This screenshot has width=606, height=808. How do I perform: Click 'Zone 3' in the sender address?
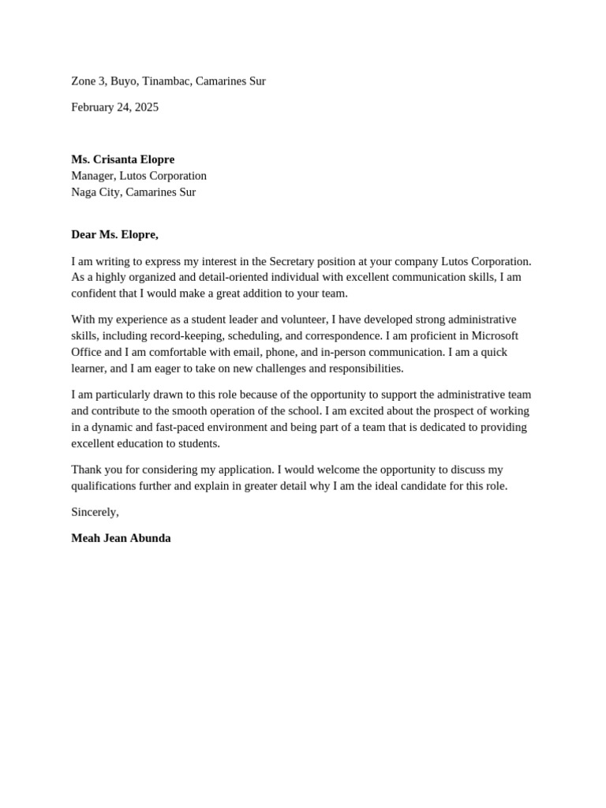[88, 81]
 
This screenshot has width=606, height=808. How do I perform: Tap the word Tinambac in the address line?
[166, 81]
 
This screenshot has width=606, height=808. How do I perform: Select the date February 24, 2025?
[114, 107]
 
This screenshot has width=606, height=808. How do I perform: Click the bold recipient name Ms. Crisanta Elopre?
[122, 159]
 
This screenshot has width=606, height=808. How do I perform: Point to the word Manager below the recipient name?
[92, 176]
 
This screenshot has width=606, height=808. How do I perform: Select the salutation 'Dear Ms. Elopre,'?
[114, 234]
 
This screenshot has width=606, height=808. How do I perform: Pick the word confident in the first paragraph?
[95, 294]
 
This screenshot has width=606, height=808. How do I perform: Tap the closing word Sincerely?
[94, 512]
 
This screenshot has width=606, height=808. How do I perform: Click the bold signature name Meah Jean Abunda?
[121, 538]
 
